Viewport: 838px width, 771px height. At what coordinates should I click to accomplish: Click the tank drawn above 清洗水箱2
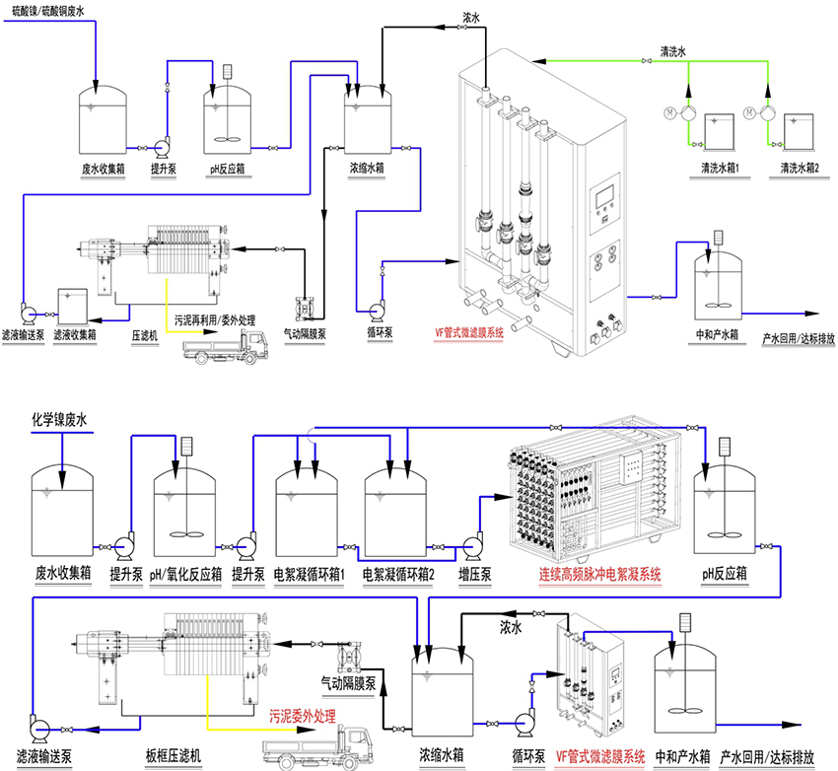(799, 128)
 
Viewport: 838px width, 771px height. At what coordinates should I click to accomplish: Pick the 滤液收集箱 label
(75, 335)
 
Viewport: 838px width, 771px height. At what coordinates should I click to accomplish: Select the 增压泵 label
(475, 573)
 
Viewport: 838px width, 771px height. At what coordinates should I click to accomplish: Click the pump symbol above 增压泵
(472, 543)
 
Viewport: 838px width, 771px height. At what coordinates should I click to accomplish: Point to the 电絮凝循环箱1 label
(309, 573)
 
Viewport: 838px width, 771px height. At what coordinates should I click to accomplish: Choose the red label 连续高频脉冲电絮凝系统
(600, 573)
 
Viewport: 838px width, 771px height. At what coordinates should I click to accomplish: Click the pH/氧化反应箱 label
(185, 573)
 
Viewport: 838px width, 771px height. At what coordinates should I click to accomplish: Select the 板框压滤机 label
(178, 756)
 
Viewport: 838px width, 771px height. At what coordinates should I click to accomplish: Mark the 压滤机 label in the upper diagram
(146, 335)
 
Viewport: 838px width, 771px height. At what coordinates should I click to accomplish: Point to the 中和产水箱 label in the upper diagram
(717, 334)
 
